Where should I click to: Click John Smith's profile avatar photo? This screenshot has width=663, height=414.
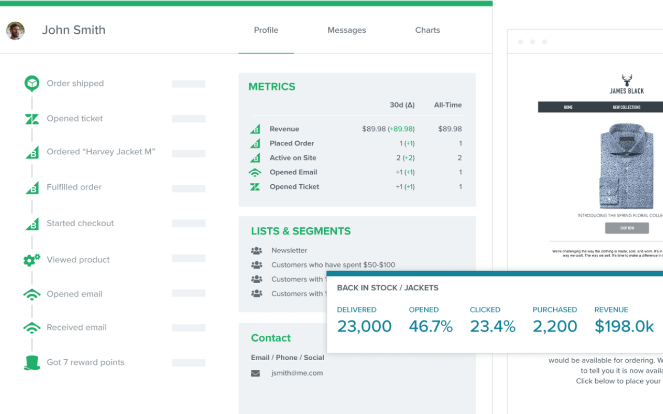[x=16, y=31]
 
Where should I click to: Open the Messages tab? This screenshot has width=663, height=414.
[x=347, y=30]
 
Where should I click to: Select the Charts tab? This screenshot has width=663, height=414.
[x=427, y=30]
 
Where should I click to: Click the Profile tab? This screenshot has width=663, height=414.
[x=266, y=30]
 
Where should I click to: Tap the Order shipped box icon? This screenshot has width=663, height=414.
[x=32, y=83]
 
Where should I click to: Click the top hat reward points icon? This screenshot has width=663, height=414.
[x=32, y=363]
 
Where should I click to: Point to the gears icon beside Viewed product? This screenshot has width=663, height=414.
[x=32, y=260]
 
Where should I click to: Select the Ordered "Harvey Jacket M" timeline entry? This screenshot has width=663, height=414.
[x=101, y=152]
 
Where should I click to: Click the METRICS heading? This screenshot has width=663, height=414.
[x=272, y=87]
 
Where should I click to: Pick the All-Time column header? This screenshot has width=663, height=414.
[x=448, y=105]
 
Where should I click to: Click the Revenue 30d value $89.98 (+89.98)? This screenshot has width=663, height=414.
[x=388, y=129]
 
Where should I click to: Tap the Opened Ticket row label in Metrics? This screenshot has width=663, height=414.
[x=294, y=187]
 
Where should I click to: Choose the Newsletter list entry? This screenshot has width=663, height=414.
[x=289, y=250]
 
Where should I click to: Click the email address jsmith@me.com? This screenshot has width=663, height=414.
[x=297, y=373]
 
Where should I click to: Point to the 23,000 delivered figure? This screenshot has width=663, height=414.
[x=364, y=327]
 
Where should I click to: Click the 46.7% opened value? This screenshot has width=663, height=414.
[x=430, y=327]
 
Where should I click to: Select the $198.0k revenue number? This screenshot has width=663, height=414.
[x=624, y=327]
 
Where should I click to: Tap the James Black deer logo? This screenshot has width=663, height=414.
[x=627, y=81]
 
